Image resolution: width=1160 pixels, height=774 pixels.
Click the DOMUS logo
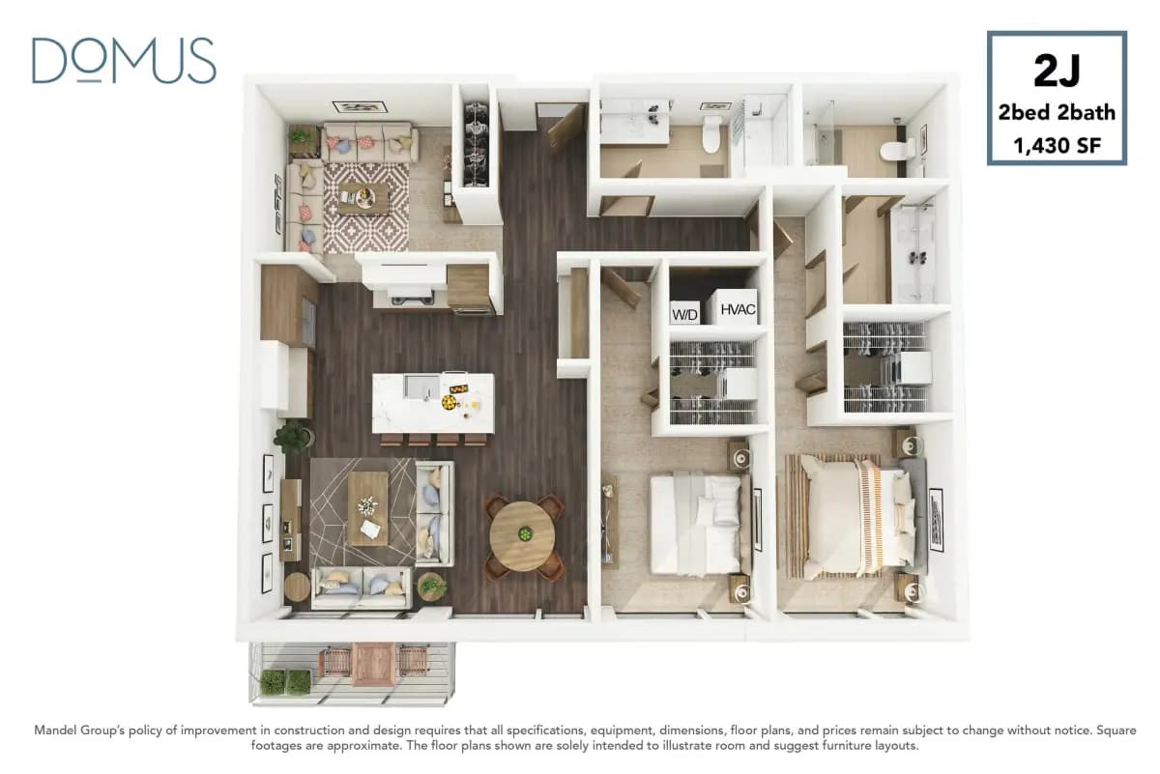[x=124, y=61]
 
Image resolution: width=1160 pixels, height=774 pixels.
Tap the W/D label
[x=684, y=314]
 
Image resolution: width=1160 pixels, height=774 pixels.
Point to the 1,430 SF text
[x=1057, y=146]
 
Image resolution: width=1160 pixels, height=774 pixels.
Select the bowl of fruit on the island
[x=451, y=400]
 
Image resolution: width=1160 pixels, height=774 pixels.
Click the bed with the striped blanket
[x=851, y=517]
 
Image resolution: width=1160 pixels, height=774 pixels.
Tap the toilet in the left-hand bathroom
[x=712, y=134]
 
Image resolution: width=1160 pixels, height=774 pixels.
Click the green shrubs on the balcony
[x=285, y=682]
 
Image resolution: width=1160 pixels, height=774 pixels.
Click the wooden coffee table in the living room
[x=367, y=507]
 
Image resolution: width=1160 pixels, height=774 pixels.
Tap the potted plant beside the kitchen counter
[x=292, y=438]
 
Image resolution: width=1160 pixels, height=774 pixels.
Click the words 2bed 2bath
[x=1057, y=112]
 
